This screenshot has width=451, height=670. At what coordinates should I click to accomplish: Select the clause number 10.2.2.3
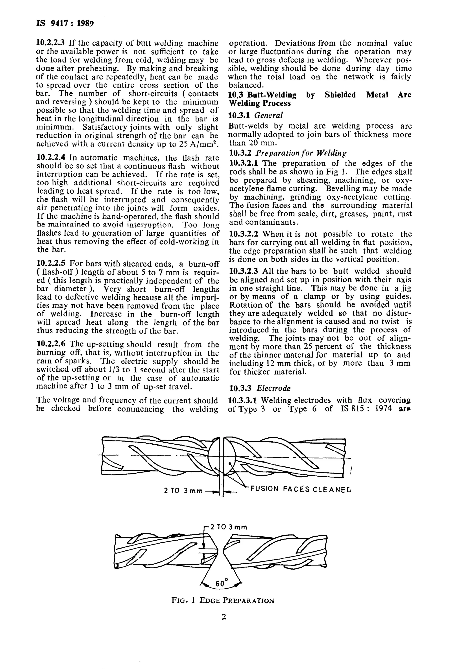click(x=51, y=43)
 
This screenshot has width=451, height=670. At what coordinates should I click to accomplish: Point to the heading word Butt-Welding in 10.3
click(x=272, y=95)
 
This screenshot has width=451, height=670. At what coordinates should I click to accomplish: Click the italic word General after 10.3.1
click(x=269, y=116)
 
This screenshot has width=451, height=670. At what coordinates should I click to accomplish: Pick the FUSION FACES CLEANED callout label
click(x=301, y=489)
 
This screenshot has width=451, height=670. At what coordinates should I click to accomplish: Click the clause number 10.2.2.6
click(x=51, y=344)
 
